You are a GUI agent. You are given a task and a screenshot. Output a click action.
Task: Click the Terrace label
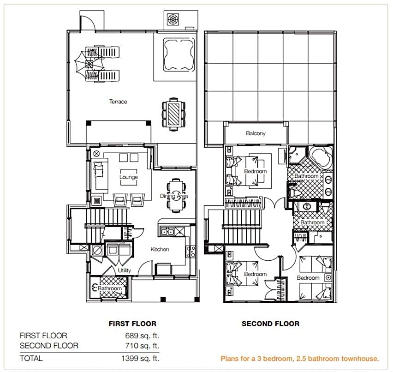click(118, 102)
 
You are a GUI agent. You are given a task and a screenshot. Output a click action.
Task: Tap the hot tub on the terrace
click(179, 54)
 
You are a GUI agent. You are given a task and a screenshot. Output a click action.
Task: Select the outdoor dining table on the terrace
click(173, 114)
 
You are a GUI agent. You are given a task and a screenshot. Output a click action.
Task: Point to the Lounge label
click(129, 177)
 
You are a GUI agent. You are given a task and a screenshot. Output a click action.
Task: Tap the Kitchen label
click(160, 249)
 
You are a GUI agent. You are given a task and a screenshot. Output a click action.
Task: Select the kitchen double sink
click(167, 232)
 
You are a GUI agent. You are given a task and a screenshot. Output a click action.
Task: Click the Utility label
click(125, 270)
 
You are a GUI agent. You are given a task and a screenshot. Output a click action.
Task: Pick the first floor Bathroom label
click(109, 288)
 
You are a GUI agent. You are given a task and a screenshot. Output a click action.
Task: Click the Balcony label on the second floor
click(256, 133)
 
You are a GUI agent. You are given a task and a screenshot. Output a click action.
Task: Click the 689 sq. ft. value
click(142, 336)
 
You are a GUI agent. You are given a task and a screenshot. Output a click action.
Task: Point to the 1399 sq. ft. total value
click(140, 358)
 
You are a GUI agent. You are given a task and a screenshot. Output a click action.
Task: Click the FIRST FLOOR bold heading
click(132, 324)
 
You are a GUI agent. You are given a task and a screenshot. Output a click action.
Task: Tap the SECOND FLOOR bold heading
click(270, 324)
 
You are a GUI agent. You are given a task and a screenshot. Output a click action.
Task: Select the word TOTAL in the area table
click(31, 358)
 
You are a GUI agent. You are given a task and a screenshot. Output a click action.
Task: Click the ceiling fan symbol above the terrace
click(173, 19)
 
